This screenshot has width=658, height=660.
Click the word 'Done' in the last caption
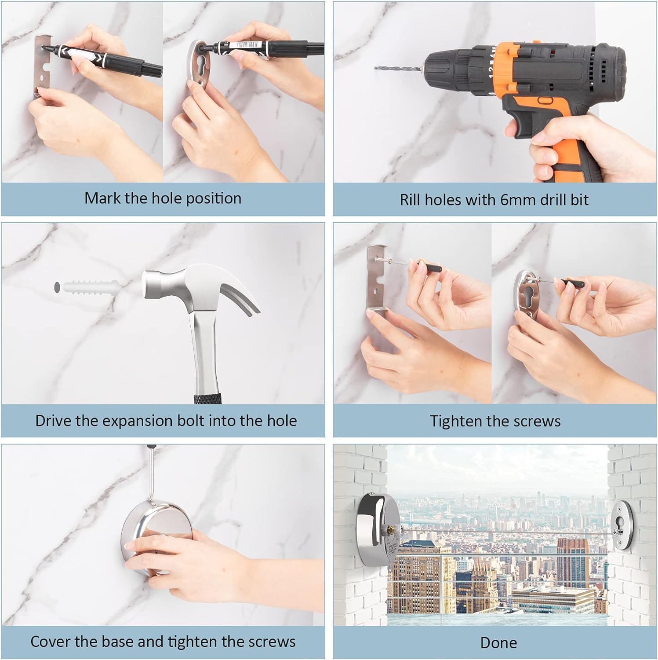498,643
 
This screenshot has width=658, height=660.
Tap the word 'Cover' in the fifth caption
47,642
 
